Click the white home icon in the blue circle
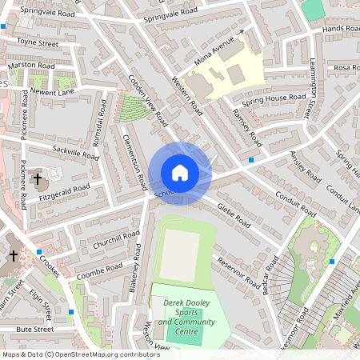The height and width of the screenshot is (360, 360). point(180,173)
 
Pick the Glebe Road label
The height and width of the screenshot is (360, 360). point(233,215)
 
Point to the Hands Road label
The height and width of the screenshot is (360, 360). point(341,29)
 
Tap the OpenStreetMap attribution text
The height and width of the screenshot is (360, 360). point(81,354)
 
